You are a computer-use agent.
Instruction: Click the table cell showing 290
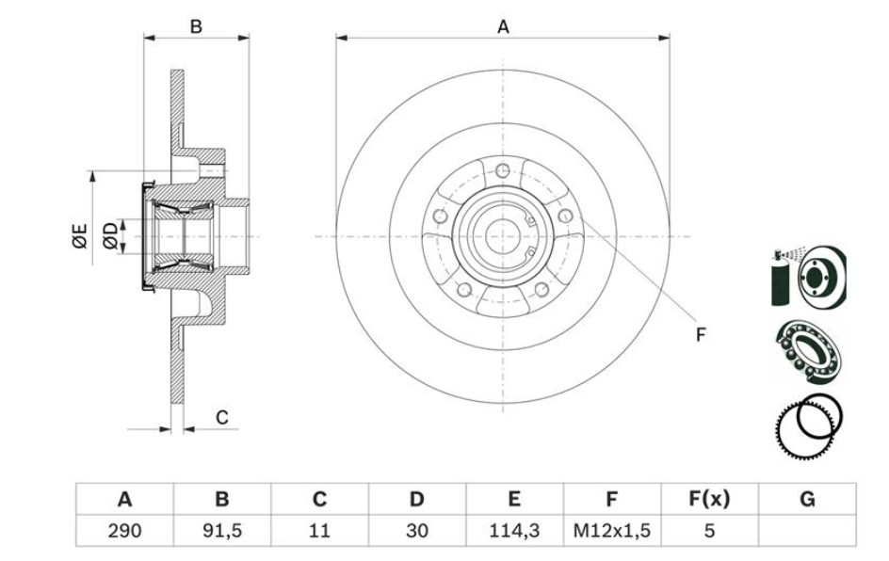click(x=124, y=530)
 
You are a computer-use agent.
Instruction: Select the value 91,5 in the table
click(x=222, y=530)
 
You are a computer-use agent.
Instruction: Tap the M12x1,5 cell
click(x=612, y=530)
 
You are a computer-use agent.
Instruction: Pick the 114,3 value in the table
click(x=514, y=530)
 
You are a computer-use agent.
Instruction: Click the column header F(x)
click(x=709, y=500)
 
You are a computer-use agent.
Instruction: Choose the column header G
click(x=807, y=500)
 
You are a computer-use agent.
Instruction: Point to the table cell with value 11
click(x=319, y=530)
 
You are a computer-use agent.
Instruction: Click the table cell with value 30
click(x=417, y=530)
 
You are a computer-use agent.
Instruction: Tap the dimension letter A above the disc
click(x=504, y=27)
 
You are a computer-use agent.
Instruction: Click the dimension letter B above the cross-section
click(x=196, y=26)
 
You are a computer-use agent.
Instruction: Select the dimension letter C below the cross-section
click(x=222, y=417)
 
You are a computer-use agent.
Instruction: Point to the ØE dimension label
click(x=80, y=235)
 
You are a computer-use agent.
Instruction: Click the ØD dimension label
click(x=111, y=236)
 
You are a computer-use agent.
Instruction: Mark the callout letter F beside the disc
click(x=701, y=334)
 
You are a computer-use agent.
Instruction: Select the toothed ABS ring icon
click(x=808, y=425)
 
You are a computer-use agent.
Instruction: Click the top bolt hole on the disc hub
click(x=503, y=170)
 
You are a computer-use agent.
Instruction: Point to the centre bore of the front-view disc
click(x=503, y=235)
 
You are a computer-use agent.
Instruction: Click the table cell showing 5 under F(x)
click(x=709, y=530)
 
